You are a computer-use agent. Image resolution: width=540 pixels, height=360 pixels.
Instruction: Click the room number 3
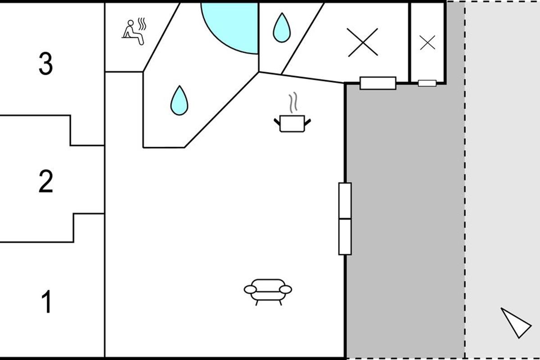click(46, 63)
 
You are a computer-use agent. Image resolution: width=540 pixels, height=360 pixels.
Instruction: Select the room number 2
click(46, 181)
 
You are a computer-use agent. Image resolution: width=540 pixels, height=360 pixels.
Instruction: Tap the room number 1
click(46, 301)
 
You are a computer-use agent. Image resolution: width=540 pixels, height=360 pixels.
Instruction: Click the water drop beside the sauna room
click(179, 100)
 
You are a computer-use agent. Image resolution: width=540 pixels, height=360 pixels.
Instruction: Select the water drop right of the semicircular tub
click(282, 28)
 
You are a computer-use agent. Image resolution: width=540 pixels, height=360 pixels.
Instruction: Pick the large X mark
click(363, 42)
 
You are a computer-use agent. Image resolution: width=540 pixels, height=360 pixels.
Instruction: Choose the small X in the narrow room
click(427, 43)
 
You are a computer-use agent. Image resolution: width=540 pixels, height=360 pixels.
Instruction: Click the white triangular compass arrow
click(517, 323)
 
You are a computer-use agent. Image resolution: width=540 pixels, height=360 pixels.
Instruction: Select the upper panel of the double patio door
click(345, 201)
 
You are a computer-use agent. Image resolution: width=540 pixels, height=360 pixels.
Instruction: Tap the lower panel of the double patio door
click(345, 237)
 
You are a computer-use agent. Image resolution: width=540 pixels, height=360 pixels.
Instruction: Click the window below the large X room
click(378, 83)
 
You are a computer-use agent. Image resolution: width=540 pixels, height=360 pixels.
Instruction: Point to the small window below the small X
click(427, 83)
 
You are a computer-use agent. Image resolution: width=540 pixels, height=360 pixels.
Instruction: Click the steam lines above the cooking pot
click(293, 103)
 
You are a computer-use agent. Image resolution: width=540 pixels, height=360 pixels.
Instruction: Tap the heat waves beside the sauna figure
click(142, 24)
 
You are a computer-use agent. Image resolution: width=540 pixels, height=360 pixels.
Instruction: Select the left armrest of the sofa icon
click(250, 290)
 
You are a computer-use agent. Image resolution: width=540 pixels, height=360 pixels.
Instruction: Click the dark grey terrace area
click(405, 217)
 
